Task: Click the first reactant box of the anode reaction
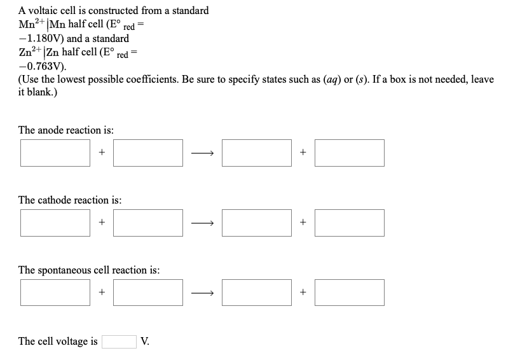[x=55, y=153]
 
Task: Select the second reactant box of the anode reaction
[x=148, y=153]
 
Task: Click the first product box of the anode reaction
[x=256, y=153]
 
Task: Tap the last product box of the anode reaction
[x=349, y=153]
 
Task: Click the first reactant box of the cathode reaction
[x=55, y=223]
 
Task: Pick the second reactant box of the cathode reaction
[x=148, y=223]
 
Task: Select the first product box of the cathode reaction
[x=256, y=223]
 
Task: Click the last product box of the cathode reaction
[x=349, y=223]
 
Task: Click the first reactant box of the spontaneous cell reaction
[x=55, y=292]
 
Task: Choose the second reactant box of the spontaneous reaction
[x=148, y=292]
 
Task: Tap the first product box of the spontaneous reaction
[x=256, y=292]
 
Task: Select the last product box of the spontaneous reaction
[x=349, y=292]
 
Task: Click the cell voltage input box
[x=119, y=342]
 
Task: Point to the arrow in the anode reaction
[x=202, y=153]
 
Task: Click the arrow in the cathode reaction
[x=202, y=223]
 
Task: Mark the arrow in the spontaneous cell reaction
[x=202, y=292]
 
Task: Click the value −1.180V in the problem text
[x=41, y=38]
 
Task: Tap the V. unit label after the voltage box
[x=146, y=342]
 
